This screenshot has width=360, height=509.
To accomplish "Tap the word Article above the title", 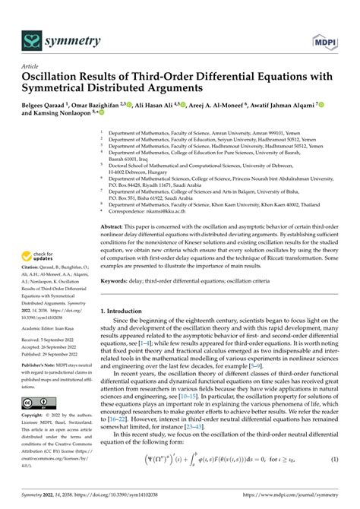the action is tap(32, 66).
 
